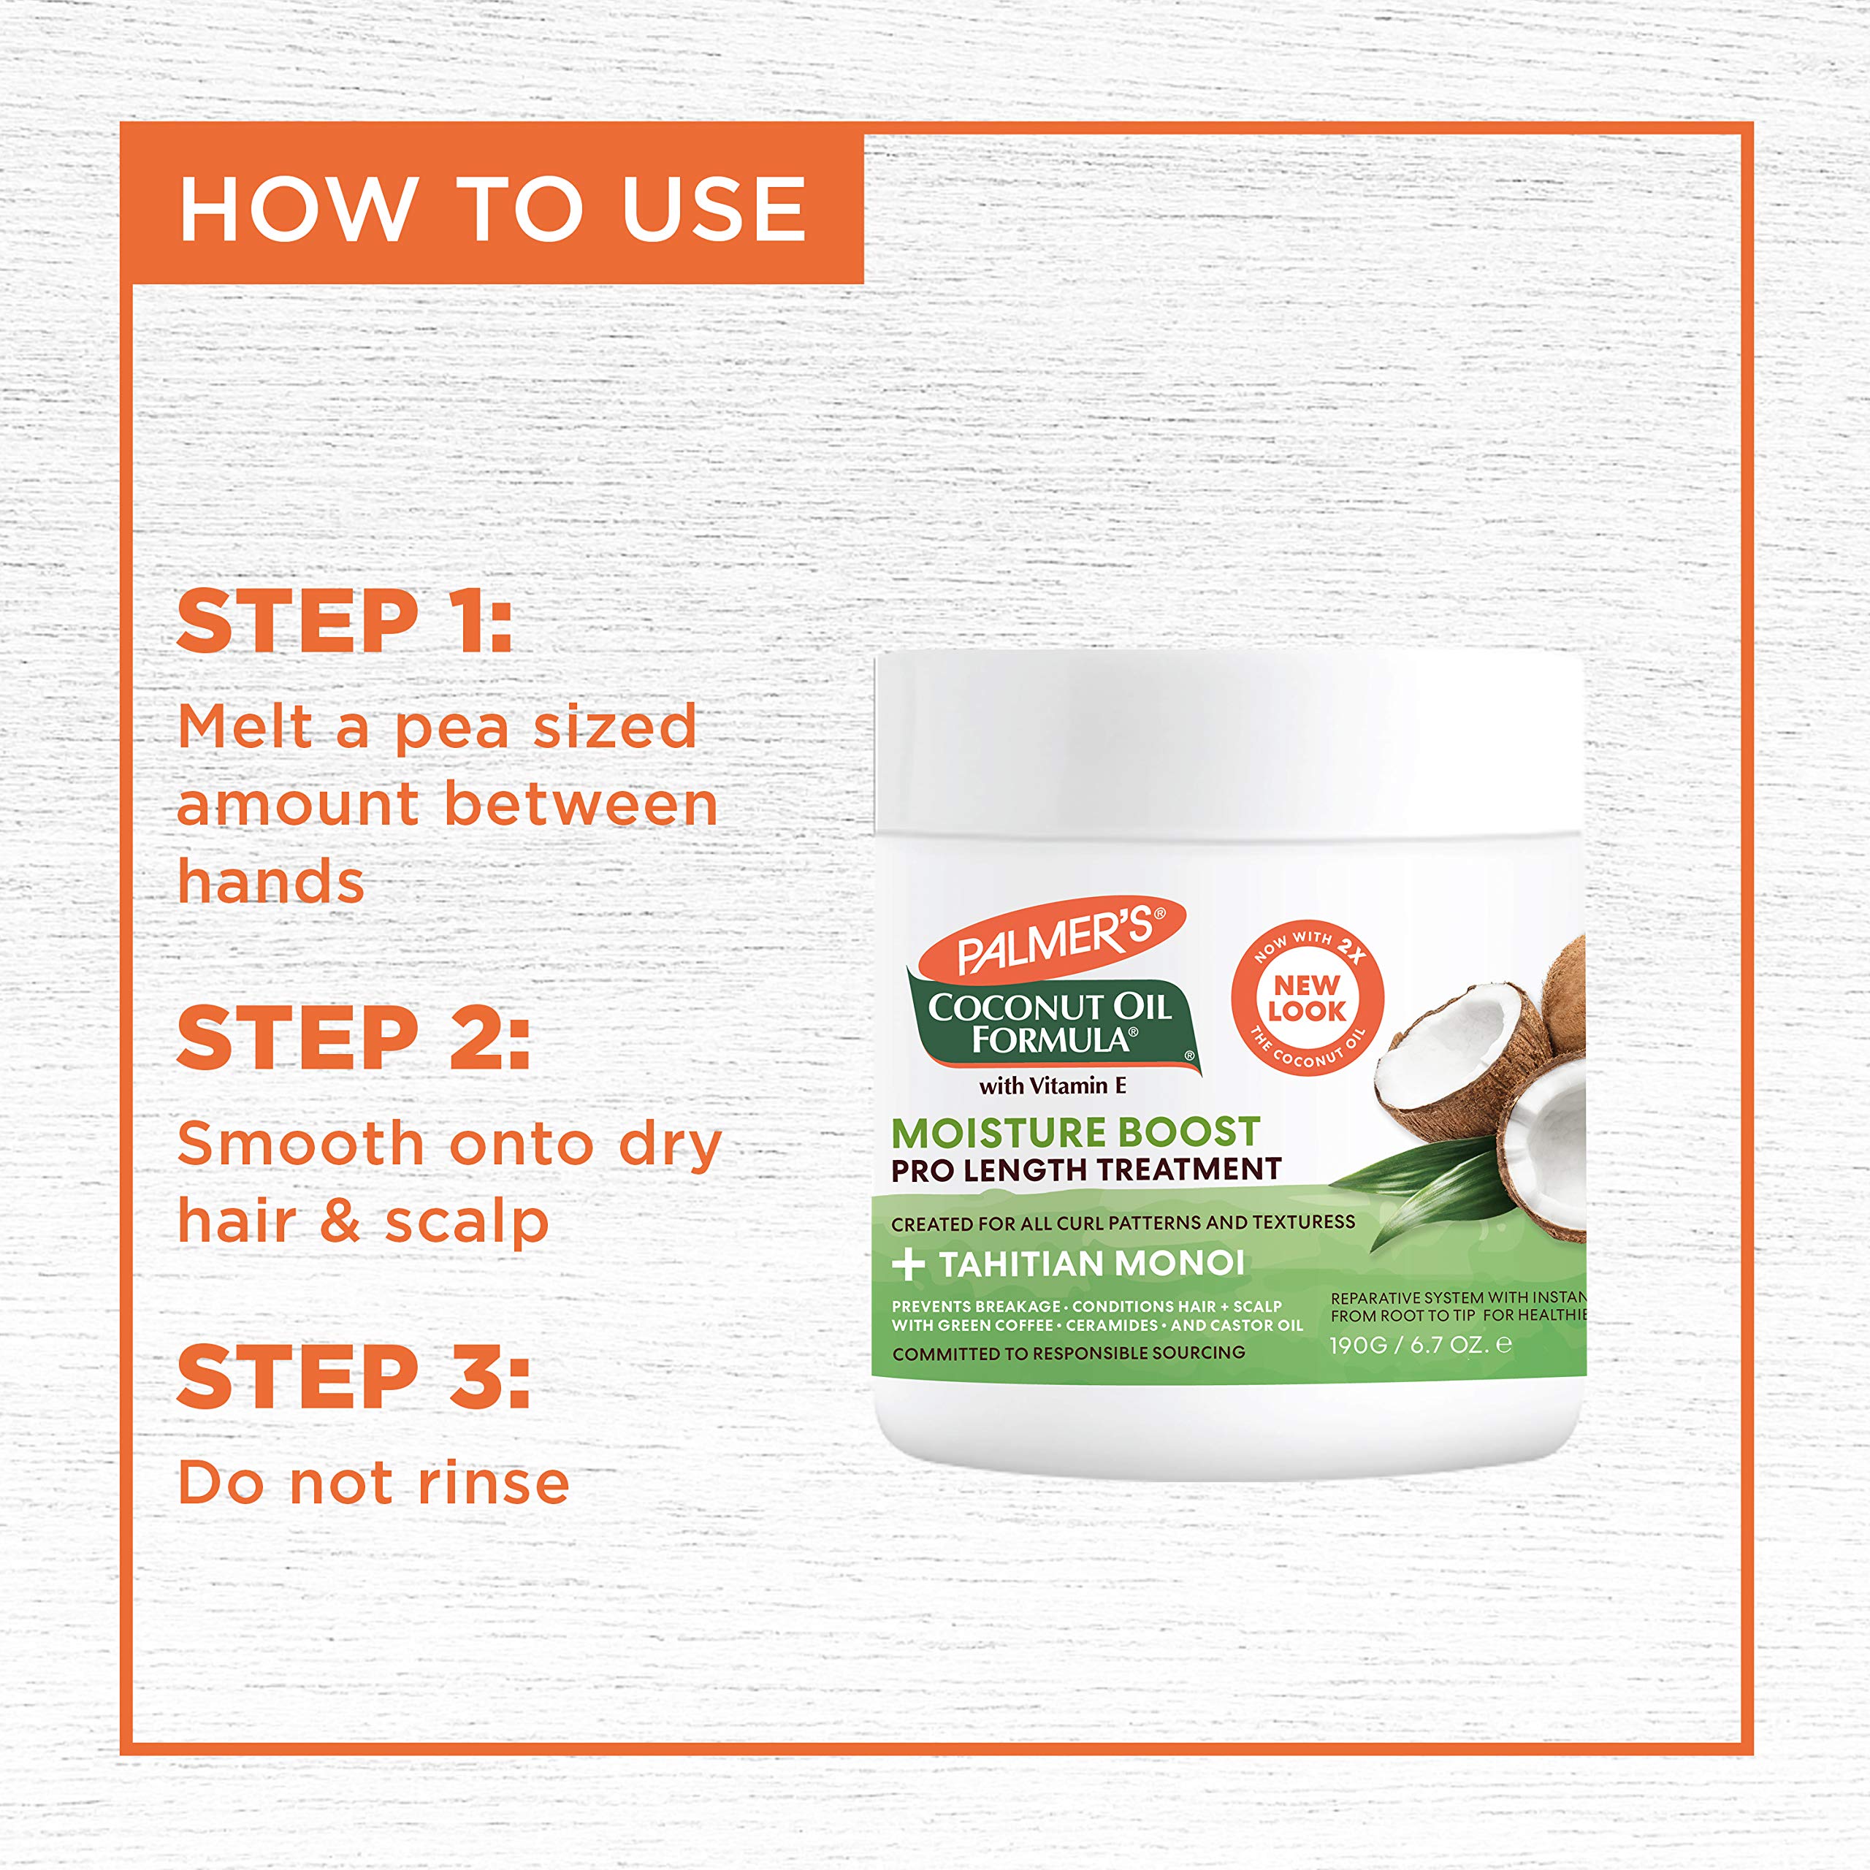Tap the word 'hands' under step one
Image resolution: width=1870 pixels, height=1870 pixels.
(x=271, y=882)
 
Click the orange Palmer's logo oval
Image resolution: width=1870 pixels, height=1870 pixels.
(x=1053, y=937)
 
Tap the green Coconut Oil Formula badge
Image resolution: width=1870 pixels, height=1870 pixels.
(x=1051, y=1024)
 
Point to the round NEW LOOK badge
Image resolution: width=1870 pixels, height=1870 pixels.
(x=1307, y=998)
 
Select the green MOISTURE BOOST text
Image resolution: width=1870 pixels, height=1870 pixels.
(x=1075, y=1132)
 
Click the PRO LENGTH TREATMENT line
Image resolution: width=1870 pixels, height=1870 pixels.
(x=1086, y=1170)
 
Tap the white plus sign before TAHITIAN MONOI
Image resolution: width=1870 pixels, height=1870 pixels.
(x=908, y=1264)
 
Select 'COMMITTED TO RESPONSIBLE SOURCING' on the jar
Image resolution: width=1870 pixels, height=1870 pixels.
(x=1069, y=1353)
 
